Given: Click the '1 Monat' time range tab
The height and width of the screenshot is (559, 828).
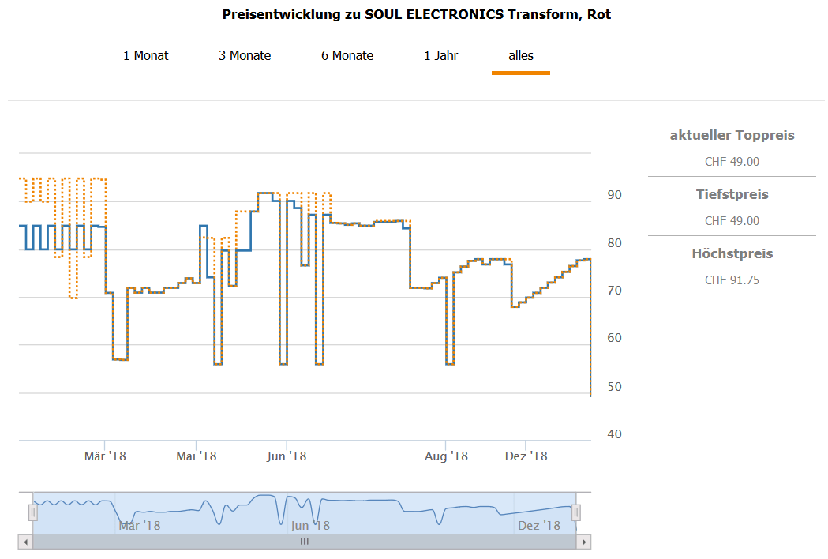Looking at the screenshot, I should tap(145, 55).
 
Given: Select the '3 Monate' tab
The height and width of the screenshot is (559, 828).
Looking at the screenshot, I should tap(245, 55).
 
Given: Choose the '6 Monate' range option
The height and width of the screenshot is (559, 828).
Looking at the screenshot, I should tap(347, 55).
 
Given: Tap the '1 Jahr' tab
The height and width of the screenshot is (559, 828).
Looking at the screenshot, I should tap(441, 55).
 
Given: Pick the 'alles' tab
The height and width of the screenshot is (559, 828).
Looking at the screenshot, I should tap(521, 55).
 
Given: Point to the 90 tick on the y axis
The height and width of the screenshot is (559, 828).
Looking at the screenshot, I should tap(613, 195).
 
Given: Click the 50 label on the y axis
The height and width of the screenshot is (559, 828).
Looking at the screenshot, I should tap(613, 386).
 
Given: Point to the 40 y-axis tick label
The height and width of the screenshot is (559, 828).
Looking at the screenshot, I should tap(613, 434).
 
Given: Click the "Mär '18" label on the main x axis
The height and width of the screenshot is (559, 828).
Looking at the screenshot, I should tap(105, 456).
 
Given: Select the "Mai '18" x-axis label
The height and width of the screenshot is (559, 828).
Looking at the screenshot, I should tap(197, 456).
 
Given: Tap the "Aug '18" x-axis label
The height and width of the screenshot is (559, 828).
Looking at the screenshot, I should tap(446, 456).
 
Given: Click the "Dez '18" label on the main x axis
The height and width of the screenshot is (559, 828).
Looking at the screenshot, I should tap(526, 456).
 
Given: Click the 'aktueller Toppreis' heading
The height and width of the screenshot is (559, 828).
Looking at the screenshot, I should tap(732, 136).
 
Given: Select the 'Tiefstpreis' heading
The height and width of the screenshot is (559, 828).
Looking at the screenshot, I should tap(732, 195).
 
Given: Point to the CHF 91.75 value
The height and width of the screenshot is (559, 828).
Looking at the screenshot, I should tap(732, 280).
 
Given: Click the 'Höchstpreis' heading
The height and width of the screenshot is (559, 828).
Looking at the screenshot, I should tap(732, 254).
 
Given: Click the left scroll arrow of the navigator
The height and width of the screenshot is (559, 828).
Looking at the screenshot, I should tap(26, 542).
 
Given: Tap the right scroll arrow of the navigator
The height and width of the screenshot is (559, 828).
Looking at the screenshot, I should tap(583, 542).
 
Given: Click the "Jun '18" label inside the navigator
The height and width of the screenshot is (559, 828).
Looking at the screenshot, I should tap(310, 525).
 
